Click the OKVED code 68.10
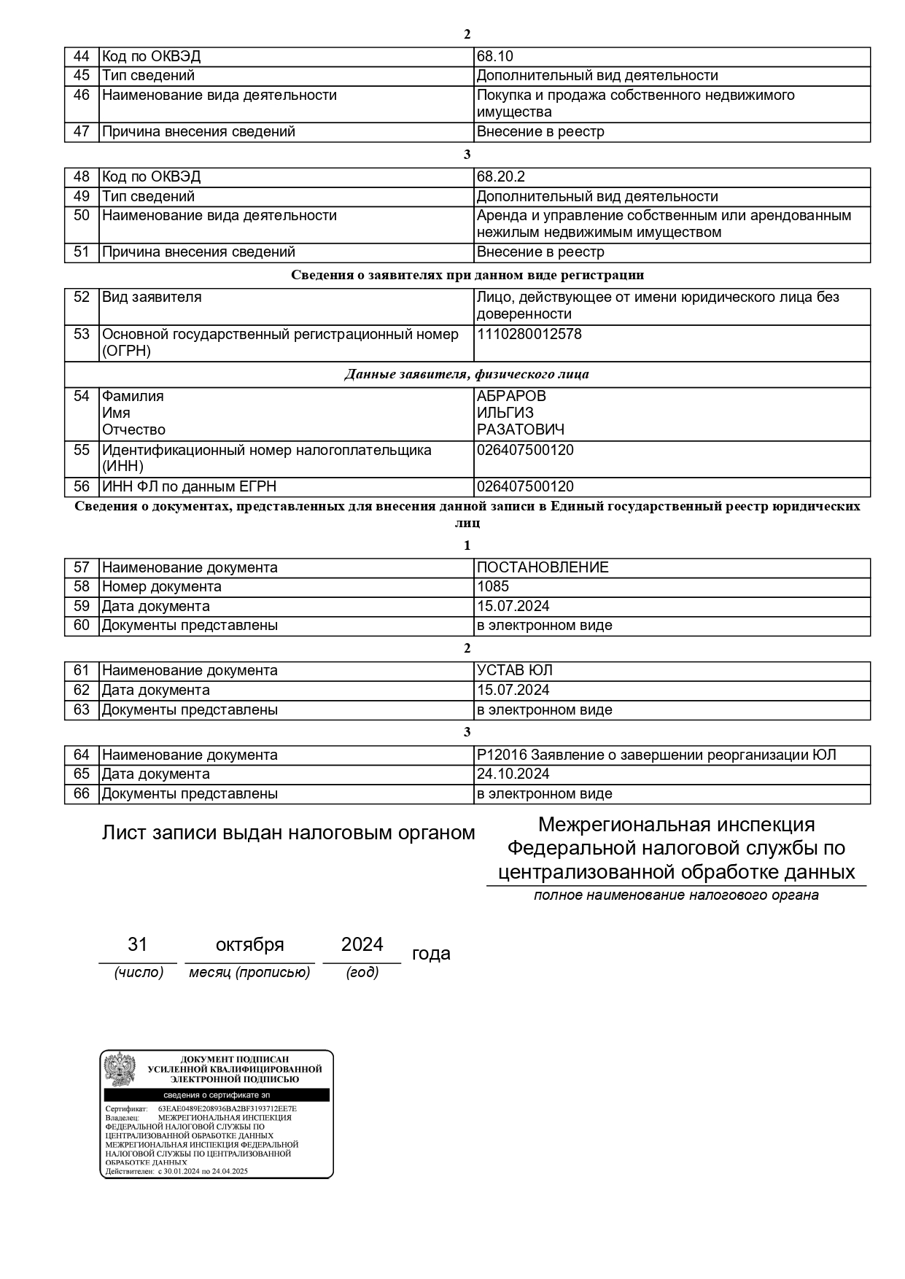[494, 57]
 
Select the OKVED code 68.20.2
[500, 177]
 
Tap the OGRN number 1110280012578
[529, 335]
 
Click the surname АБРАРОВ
[510, 396]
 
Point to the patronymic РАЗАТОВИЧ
[520, 429]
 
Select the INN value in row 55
[525, 450]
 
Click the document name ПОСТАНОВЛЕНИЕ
[543, 567]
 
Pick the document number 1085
[493, 586]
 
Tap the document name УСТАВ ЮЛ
[514, 670]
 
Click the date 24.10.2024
[513, 774]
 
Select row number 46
[82, 95]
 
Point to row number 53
[82, 334]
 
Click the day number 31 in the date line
[138, 945]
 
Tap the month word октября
[249, 945]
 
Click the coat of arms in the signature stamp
[120, 1070]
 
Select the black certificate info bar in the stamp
[217, 1095]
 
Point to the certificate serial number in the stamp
[228, 1108]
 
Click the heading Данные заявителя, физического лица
[467, 375]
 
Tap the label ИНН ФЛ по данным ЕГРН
[189, 487]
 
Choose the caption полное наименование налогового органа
[676, 895]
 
